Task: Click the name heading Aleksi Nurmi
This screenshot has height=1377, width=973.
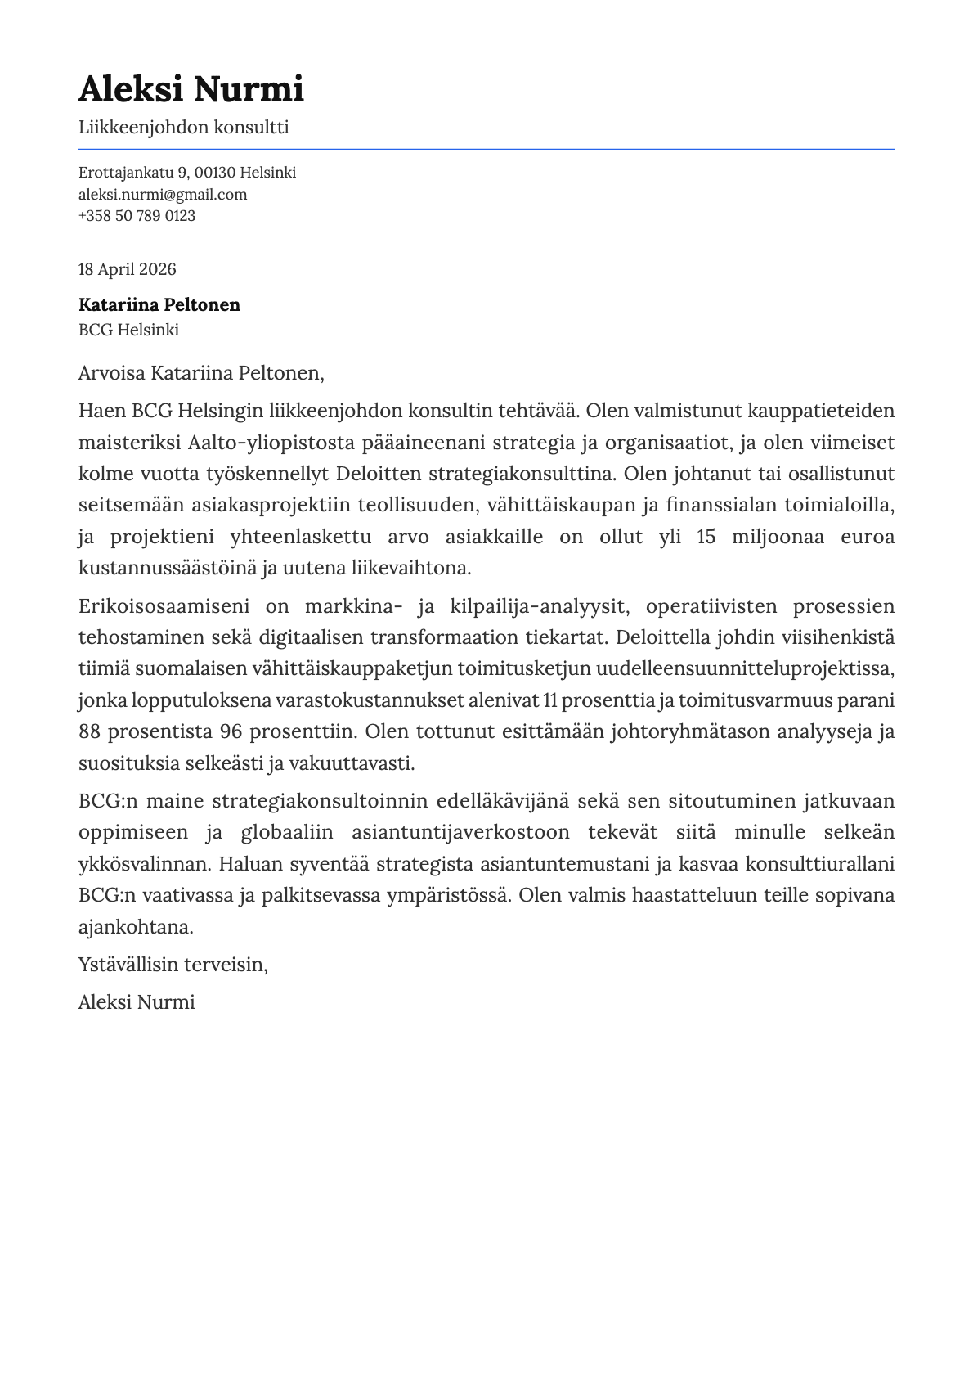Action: (191, 88)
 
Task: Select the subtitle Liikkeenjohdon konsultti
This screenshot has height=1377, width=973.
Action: (183, 127)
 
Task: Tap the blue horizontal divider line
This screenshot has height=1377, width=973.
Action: (486, 149)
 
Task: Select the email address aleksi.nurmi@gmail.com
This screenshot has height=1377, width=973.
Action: (162, 194)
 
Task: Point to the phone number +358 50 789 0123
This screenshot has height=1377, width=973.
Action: (137, 215)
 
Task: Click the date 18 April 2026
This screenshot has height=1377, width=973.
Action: (127, 269)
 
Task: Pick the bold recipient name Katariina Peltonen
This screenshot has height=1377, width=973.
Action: (159, 304)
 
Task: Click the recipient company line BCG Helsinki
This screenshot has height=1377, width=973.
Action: (128, 330)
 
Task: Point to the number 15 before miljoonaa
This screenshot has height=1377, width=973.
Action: (706, 537)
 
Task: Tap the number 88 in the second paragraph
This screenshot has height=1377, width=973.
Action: (89, 731)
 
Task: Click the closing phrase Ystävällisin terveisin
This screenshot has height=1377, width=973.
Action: (173, 964)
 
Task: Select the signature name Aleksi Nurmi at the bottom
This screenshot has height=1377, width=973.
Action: (136, 1001)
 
